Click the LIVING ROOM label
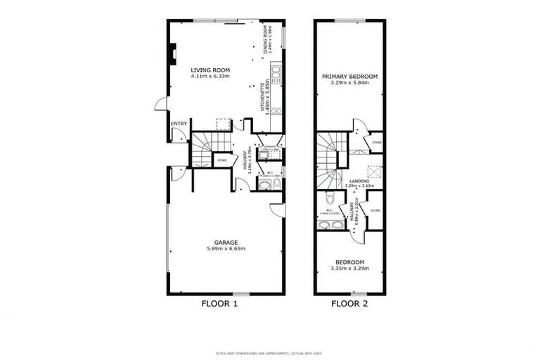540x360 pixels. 210,70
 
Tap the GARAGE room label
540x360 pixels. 226,242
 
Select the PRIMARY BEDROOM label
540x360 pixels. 350,76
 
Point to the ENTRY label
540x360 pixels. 179,124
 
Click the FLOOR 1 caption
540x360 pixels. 221,304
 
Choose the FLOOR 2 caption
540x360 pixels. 349,304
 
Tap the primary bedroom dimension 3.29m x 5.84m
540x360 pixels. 350,82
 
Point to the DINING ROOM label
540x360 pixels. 265,41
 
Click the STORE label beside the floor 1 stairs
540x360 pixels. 221,160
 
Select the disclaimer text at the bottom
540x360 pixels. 270,352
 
